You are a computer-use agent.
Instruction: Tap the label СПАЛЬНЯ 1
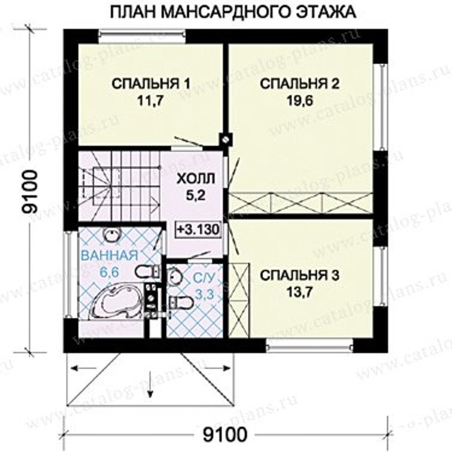(151, 84)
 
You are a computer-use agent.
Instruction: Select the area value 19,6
(300, 101)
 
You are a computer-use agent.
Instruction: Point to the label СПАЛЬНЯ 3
(300, 276)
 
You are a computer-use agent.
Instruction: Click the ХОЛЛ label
(196, 179)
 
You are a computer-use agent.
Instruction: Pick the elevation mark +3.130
(198, 230)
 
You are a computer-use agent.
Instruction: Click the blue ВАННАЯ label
(109, 256)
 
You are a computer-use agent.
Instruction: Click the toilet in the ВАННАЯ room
(147, 272)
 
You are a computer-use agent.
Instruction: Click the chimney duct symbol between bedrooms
(225, 139)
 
